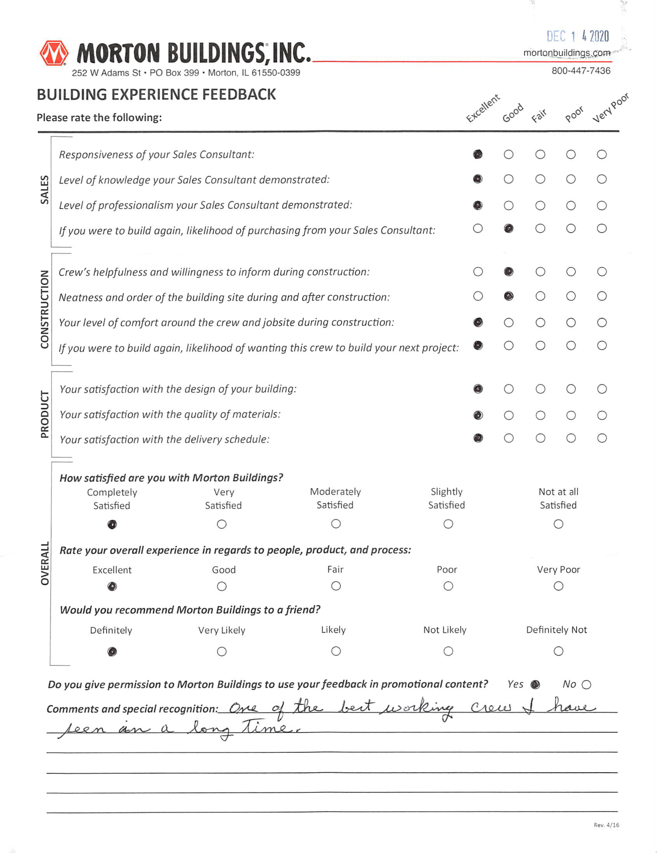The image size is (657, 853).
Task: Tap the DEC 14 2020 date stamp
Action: (578, 36)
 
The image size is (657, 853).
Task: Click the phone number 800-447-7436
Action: (581, 71)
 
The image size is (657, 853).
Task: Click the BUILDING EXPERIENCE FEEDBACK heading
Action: (156, 95)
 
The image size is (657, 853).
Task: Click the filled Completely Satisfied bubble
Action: (112, 525)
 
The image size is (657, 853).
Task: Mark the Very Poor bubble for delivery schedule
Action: (602, 438)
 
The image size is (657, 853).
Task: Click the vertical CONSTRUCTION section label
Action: (45, 309)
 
